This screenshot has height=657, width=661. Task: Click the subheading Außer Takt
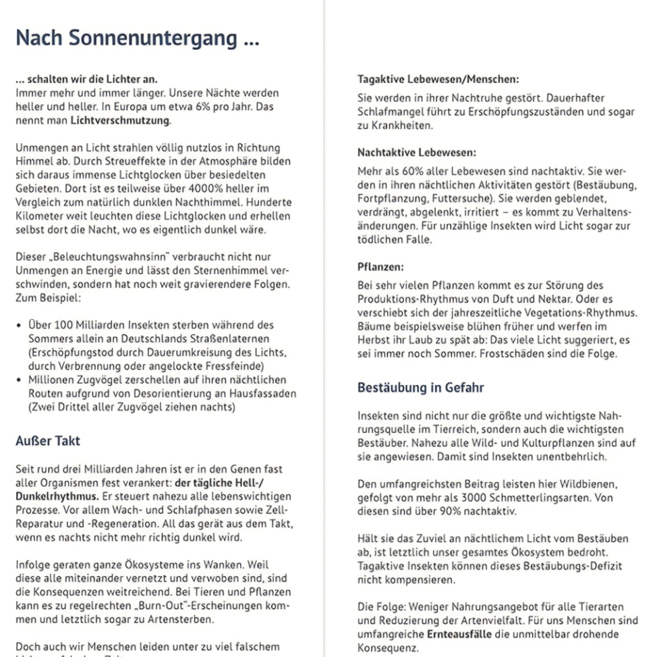(x=47, y=441)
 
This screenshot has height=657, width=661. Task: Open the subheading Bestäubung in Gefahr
(x=422, y=388)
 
